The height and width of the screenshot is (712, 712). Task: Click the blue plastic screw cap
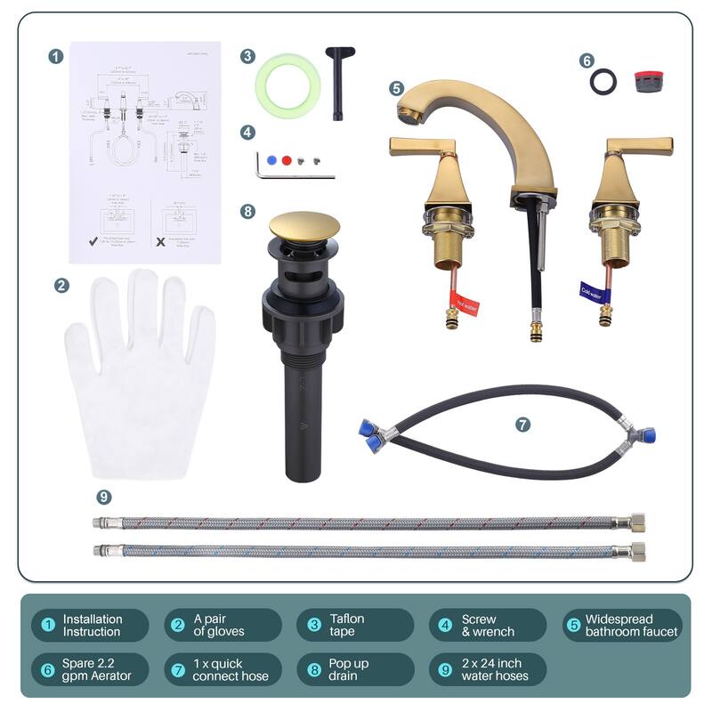271,159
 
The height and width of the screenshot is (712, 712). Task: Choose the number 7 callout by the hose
522,425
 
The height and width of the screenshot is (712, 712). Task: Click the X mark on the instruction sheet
161,240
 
